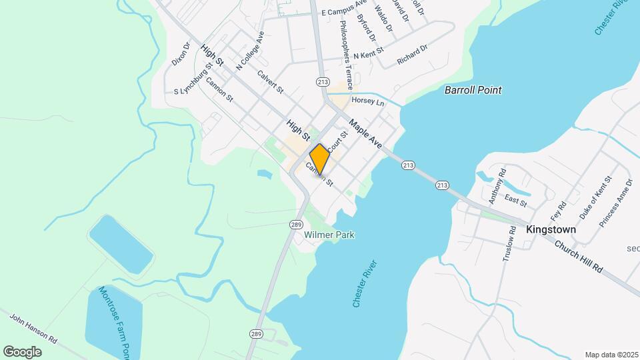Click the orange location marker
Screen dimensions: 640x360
(x=320, y=159)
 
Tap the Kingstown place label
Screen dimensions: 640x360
(x=551, y=229)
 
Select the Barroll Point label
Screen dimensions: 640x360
(x=473, y=90)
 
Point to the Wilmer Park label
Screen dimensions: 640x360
(x=329, y=235)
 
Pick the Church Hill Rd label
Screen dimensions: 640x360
(x=579, y=256)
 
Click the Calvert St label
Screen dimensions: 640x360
(x=271, y=81)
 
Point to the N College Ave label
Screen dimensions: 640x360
(x=251, y=51)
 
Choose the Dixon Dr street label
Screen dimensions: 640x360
(x=181, y=53)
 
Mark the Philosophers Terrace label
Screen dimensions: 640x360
(x=345, y=46)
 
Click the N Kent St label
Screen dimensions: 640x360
(x=369, y=52)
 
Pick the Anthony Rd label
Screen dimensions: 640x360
(x=495, y=189)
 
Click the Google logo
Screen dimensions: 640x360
(x=22, y=351)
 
